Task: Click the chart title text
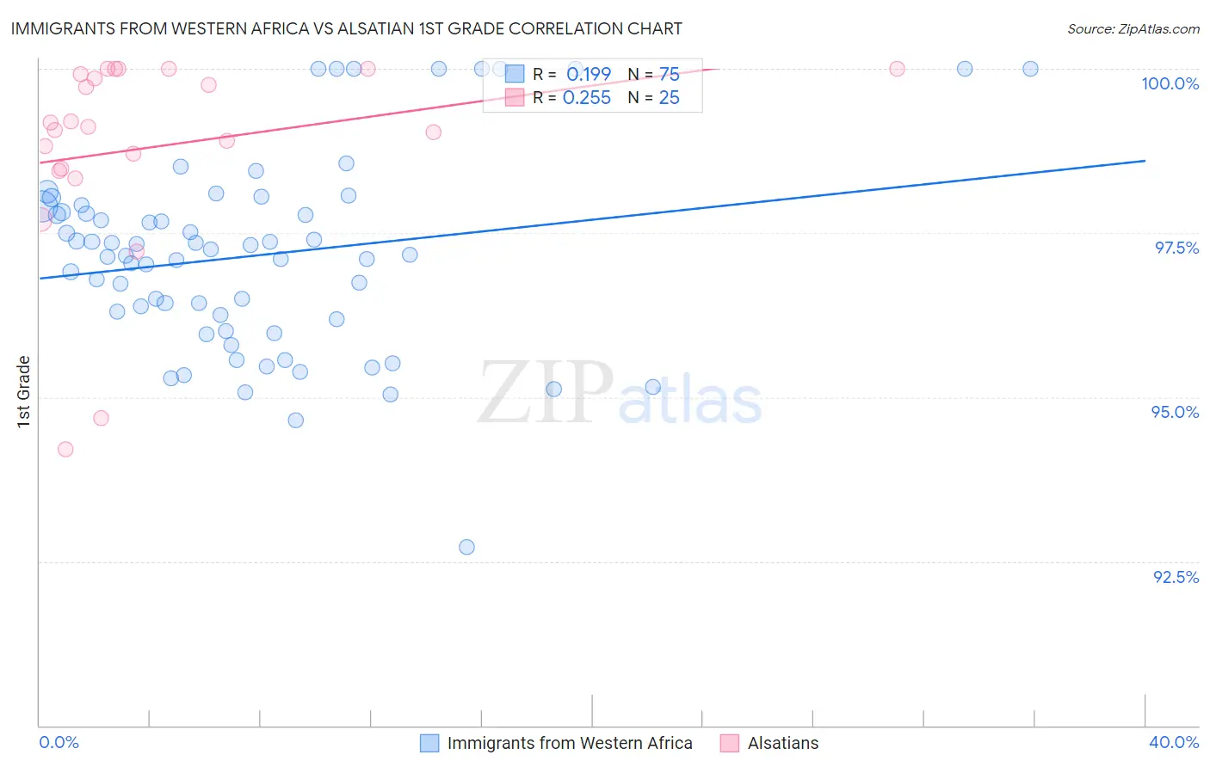(346, 28)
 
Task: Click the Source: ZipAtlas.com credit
(1133, 28)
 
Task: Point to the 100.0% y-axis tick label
(1170, 83)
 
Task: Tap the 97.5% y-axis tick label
(1176, 248)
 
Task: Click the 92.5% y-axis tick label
(1176, 577)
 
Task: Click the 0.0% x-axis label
(59, 742)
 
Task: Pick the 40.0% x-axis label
(1173, 742)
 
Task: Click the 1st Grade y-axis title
(24, 391)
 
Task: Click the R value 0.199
(588, 74)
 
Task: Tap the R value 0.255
(586, 98)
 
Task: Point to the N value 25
(669, 98)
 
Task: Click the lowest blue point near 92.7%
(466, 547)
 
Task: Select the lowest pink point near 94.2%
(65, 449)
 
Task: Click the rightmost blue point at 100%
(1030, 69)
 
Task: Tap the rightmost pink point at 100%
(897, 69)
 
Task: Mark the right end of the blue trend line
(1145, 161)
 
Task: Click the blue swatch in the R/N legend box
(515, 74)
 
